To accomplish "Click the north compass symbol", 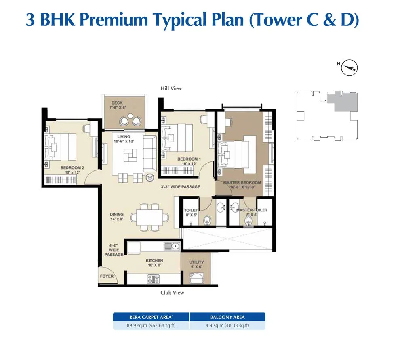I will click(350, 68).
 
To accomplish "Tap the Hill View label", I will click(171, 88).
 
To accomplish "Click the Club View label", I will click(172, 293).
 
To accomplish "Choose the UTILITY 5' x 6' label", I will click(196, 265).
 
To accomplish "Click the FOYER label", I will click(107, 276).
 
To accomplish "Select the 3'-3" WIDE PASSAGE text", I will click(179, 187).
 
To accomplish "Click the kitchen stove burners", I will click(154, 278).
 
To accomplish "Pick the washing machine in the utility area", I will click(196, 278).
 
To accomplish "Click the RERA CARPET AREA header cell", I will click(151, 317).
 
